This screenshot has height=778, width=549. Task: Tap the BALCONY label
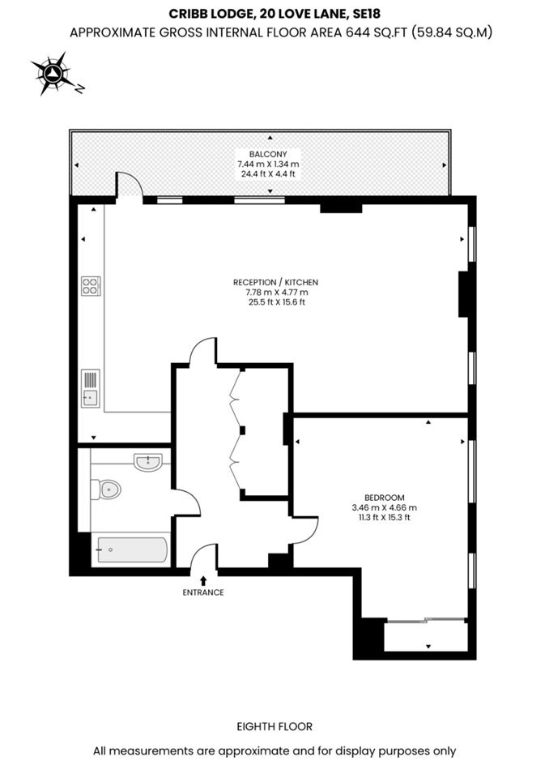click(x=268, y=154)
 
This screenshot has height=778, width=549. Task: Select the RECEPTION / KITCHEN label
click(x=276, y=282)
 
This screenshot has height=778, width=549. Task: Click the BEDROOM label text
click(x=385, y=498)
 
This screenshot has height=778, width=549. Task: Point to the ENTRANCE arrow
click(x=203, y=581)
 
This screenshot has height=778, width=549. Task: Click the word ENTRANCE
click(x=203, y=592)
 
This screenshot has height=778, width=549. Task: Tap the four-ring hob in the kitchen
click(x=91, y=286)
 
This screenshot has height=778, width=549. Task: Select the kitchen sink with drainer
click(x=91, y=388)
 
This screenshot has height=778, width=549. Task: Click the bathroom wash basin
click(x=148, y=462)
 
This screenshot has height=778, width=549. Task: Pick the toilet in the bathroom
click(x=106, y=489)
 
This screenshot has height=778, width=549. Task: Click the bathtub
click(x=133, y=550)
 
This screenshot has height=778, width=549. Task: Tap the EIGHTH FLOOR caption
click(x=274, y=727)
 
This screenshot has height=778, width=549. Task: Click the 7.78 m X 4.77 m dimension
click(x=276, y=293)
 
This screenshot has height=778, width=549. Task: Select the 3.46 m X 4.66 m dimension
click(x=385, y=507)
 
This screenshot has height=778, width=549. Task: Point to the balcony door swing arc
click(x=133, y=180)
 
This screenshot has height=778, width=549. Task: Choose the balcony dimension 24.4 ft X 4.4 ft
click(x=268, y=174)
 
